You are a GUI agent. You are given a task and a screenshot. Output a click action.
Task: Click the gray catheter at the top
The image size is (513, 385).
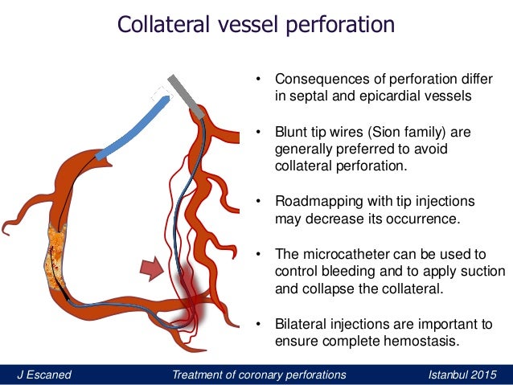[x=188, y=93]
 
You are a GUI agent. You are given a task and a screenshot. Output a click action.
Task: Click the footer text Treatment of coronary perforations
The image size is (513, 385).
[x=259, y=375]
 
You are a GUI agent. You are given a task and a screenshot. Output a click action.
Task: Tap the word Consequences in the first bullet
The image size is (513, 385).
[x=316, y=80]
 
